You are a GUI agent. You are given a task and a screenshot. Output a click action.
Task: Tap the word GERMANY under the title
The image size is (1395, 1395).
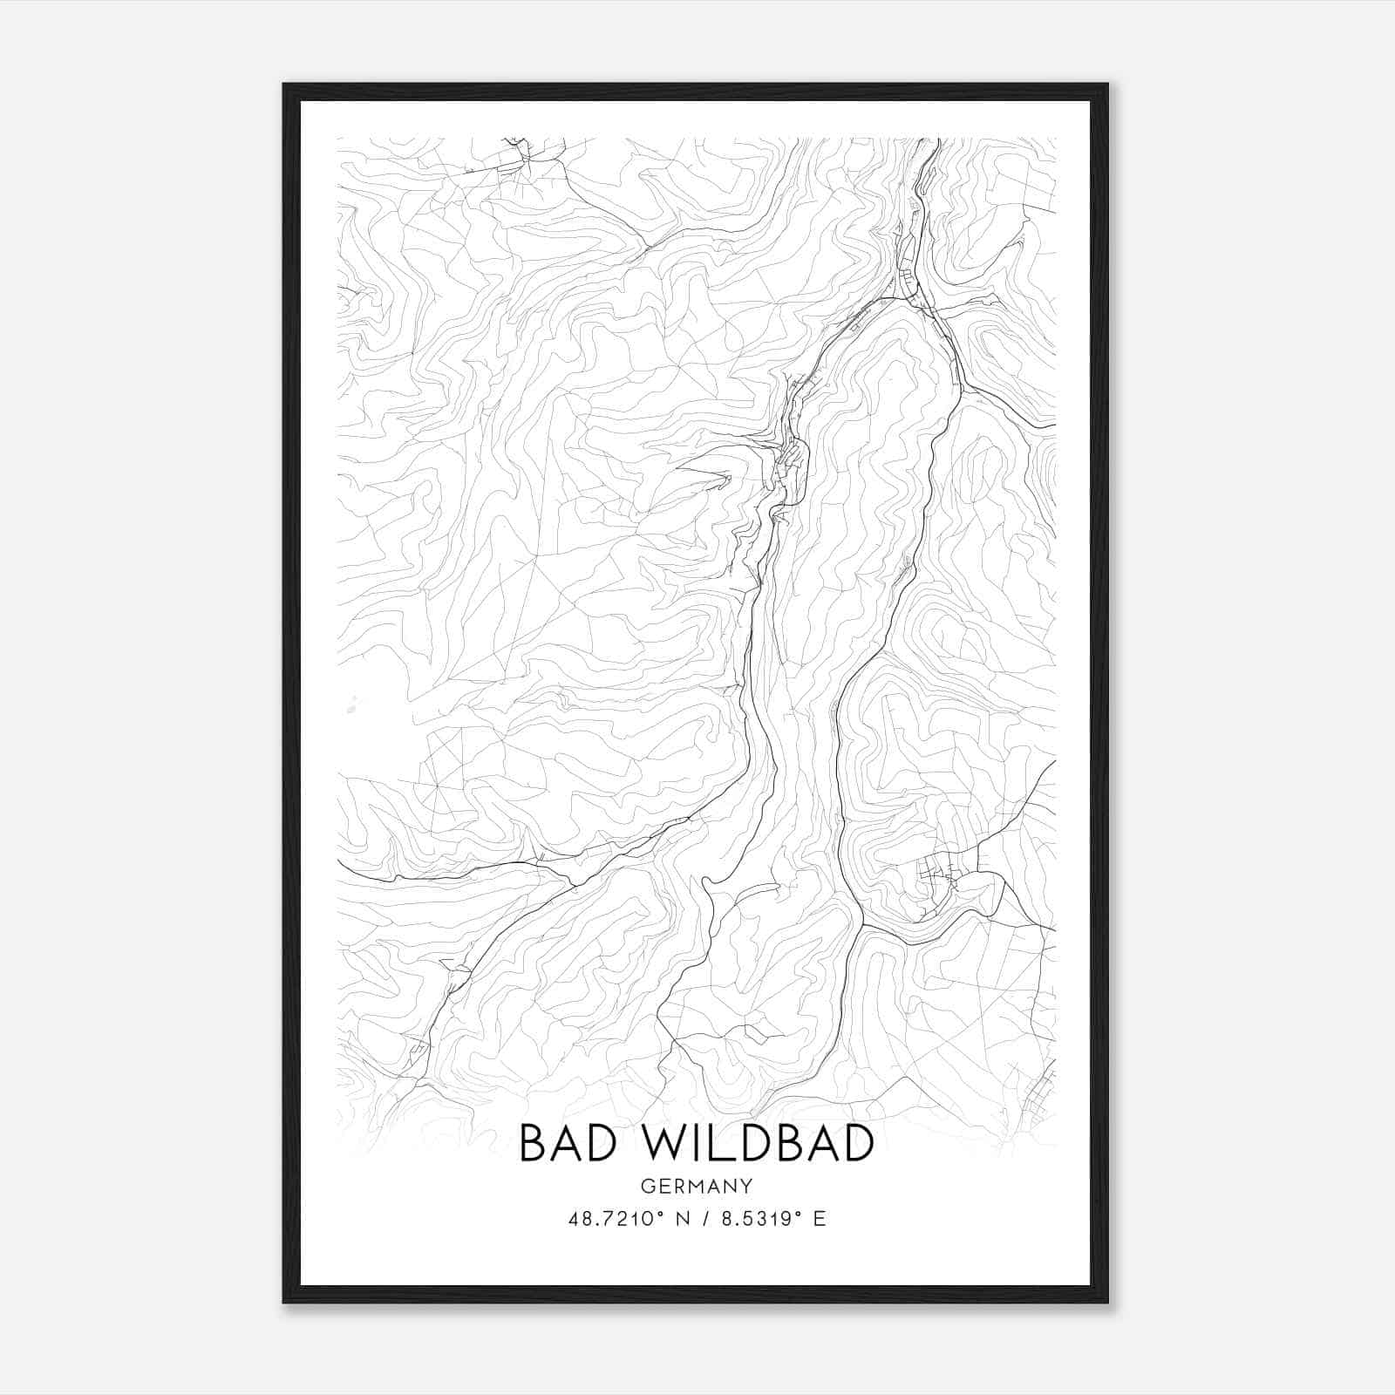pyautogui.click(x=696, y=1187)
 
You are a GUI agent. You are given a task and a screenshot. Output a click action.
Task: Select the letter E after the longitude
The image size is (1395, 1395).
pyautogui.click(x=819, y=1219)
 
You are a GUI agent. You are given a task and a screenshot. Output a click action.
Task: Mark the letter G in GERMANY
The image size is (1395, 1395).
pyautogui.click(x=646, y=1187)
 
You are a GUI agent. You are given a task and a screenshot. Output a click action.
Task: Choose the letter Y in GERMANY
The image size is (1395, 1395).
pyautogui.click(x=746, y=1187)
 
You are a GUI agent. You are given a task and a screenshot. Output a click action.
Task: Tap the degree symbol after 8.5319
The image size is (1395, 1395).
pyautogui.click(x=796, y=1214)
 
